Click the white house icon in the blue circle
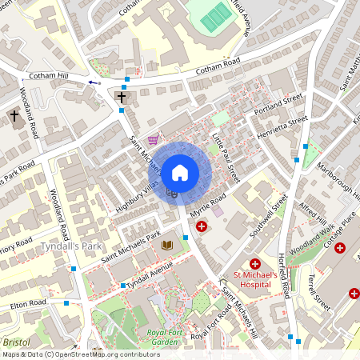click(180, 172)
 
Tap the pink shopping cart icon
click(153, 139)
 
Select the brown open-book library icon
click(166, 245)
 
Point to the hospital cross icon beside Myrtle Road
click(202, 228)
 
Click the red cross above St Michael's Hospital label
click(255, 263)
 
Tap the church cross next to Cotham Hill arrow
click(122, 98)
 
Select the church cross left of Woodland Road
click(14, 118)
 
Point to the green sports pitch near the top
click(214, 16)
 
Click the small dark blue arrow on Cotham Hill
click(94, 82)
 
